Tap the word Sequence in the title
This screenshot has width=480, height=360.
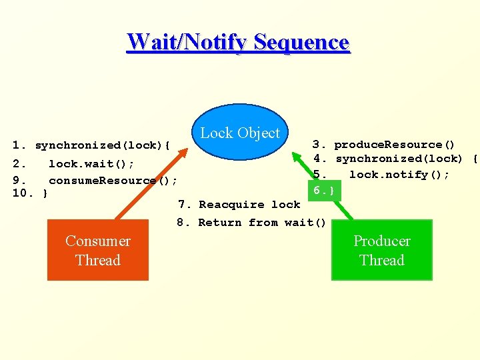[301, 42]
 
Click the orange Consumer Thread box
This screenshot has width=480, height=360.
[97, 251]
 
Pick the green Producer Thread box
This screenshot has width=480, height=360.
[381, 251]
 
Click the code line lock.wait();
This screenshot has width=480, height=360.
[91, 163]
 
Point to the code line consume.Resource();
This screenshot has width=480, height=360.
[113, 180]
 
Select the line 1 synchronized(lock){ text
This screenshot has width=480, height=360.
[93, 145]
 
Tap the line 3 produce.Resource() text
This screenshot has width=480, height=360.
[385, 145]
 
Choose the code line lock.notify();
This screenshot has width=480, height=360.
[399, 175]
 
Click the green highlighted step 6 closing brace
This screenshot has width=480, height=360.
[324, 191]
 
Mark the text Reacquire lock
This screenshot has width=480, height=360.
[249, 205]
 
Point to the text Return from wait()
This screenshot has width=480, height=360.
[262, 223]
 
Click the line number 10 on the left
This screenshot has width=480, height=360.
[19, 193]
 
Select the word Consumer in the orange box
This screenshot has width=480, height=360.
[97, 241]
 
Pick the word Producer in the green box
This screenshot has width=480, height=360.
[381, 241]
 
